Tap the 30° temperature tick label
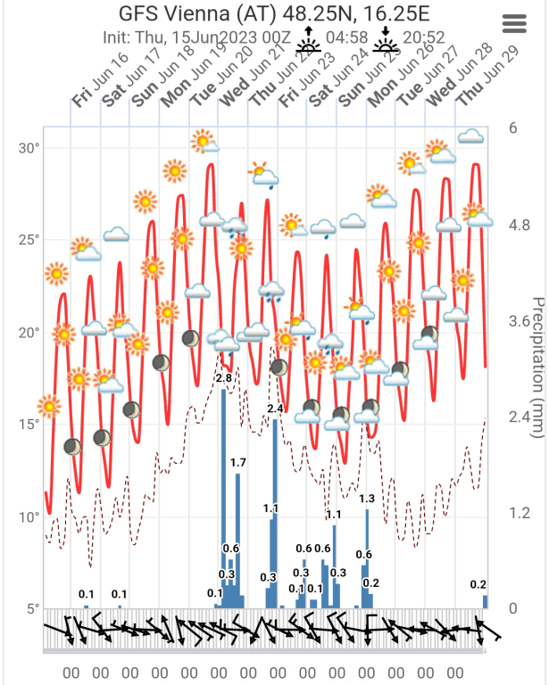tap(30, 147)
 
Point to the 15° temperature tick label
tap(30, 425)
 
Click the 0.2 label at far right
tap(478, 584)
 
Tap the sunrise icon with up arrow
tap(309, 37)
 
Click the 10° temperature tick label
tap(30, 517)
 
